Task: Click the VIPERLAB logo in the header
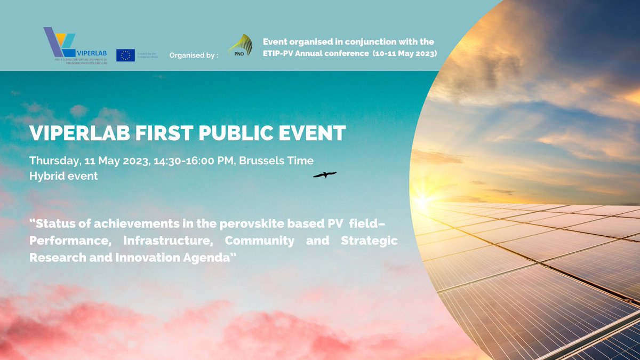tap(75, 45)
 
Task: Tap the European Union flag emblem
tap(125, 55)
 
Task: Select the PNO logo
tap(241, 46)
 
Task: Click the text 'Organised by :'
tap(194, 55)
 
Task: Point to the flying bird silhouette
tap(324, 174)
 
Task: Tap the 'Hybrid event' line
tap(63, 176)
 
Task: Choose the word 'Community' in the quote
tap(259, 241)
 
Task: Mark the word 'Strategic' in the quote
tap(369, 241)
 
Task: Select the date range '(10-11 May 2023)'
tap(405, 54)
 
